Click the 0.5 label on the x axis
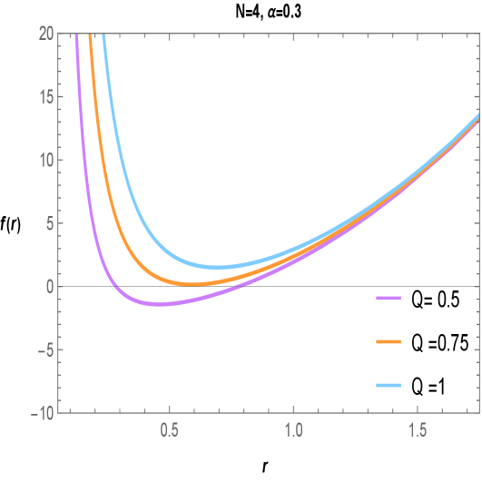[x=169, y=427]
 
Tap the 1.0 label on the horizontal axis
[x=293, y=427]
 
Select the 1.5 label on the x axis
[x=418, y=427]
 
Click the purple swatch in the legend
[x=389, y=298]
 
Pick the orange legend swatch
[x=389, y=341]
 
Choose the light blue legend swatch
[x=389, y=386]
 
